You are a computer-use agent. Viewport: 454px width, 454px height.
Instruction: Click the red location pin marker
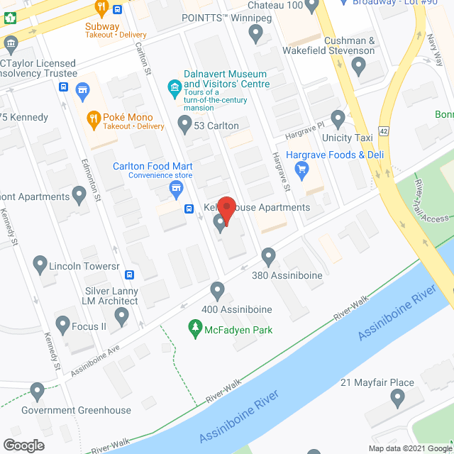click(x=226, y=206)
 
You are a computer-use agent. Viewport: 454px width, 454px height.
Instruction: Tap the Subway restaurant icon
click(x=101, y=9)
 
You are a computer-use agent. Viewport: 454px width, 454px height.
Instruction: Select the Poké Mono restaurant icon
click(x=93, y=118)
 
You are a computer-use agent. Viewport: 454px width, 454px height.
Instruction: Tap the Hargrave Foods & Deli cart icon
click(x=302, y=169)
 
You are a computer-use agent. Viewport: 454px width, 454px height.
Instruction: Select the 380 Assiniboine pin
click(x=268, y=255)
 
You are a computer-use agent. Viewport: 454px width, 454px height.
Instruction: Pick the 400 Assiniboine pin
click(x=217, y=289)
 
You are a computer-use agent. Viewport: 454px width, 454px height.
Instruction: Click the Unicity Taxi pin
click(x=338, y=118)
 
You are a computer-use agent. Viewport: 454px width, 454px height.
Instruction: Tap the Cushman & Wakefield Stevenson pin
click(x=358, y=67)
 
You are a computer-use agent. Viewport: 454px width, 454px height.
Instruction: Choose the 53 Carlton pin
click(x=184, y=126)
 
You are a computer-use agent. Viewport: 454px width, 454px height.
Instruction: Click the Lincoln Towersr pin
click(x=39, y=265)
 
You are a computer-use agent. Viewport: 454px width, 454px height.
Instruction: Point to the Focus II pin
click(x=61, y=327)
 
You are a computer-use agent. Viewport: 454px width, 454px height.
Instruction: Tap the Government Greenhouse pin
click(x=37, y=391)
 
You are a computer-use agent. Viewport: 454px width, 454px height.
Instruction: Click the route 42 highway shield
click(x=383, y=131)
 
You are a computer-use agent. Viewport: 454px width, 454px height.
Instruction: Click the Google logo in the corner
click(x=23, y=445)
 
